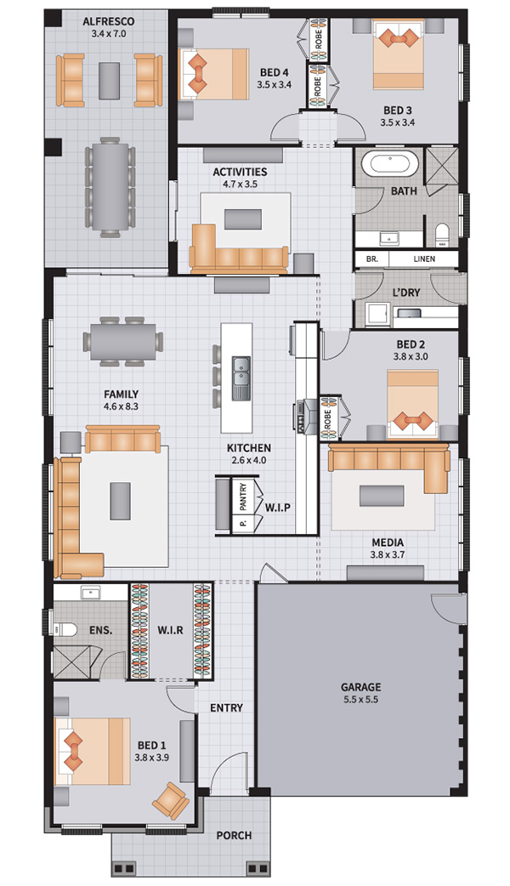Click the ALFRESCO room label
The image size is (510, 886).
tap(109, 21)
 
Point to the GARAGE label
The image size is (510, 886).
tap(360, 687)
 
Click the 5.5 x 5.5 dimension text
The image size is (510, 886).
tap(360, 700)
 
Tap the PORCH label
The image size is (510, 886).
tap(234, 835)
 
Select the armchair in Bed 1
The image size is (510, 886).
tap(170, 801)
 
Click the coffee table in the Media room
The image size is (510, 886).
tap(382, 496)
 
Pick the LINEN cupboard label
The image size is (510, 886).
tap(424, 258)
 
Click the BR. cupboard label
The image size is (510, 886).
tap(371, 258)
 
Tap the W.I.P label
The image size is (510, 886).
tap(278, 508)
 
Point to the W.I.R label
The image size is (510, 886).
tap(171, 629)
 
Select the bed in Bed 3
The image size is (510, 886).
tap(398, 54)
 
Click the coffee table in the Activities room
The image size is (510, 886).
tap(243, 219)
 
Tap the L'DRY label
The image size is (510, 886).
tap(406, 292)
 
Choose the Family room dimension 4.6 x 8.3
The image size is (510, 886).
tap(121, 406)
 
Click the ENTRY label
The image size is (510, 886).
tap(226, 707)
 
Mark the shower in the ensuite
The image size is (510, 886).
tap(71, 662)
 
